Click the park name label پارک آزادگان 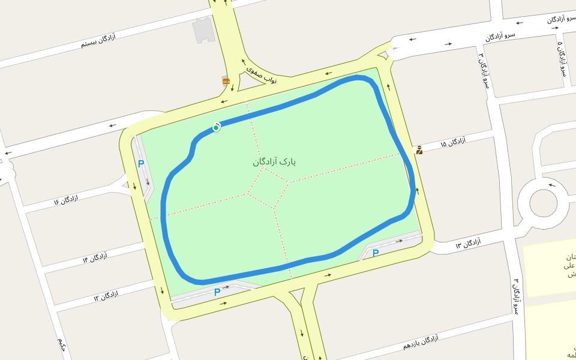click(274, 162)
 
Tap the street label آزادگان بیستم click(98, 41)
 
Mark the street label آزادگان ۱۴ click(95, 259)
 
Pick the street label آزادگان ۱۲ click(106, 296)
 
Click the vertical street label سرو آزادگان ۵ click(562, 59)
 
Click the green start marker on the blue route click(216, 128)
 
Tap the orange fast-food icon click(226, 81)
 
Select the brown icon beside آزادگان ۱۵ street click(419, 150)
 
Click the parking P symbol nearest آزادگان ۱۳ click(376, 253)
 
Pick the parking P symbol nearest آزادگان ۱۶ click(141, 164)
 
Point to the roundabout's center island click(543, 203)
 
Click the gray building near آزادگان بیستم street click(203, 31)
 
